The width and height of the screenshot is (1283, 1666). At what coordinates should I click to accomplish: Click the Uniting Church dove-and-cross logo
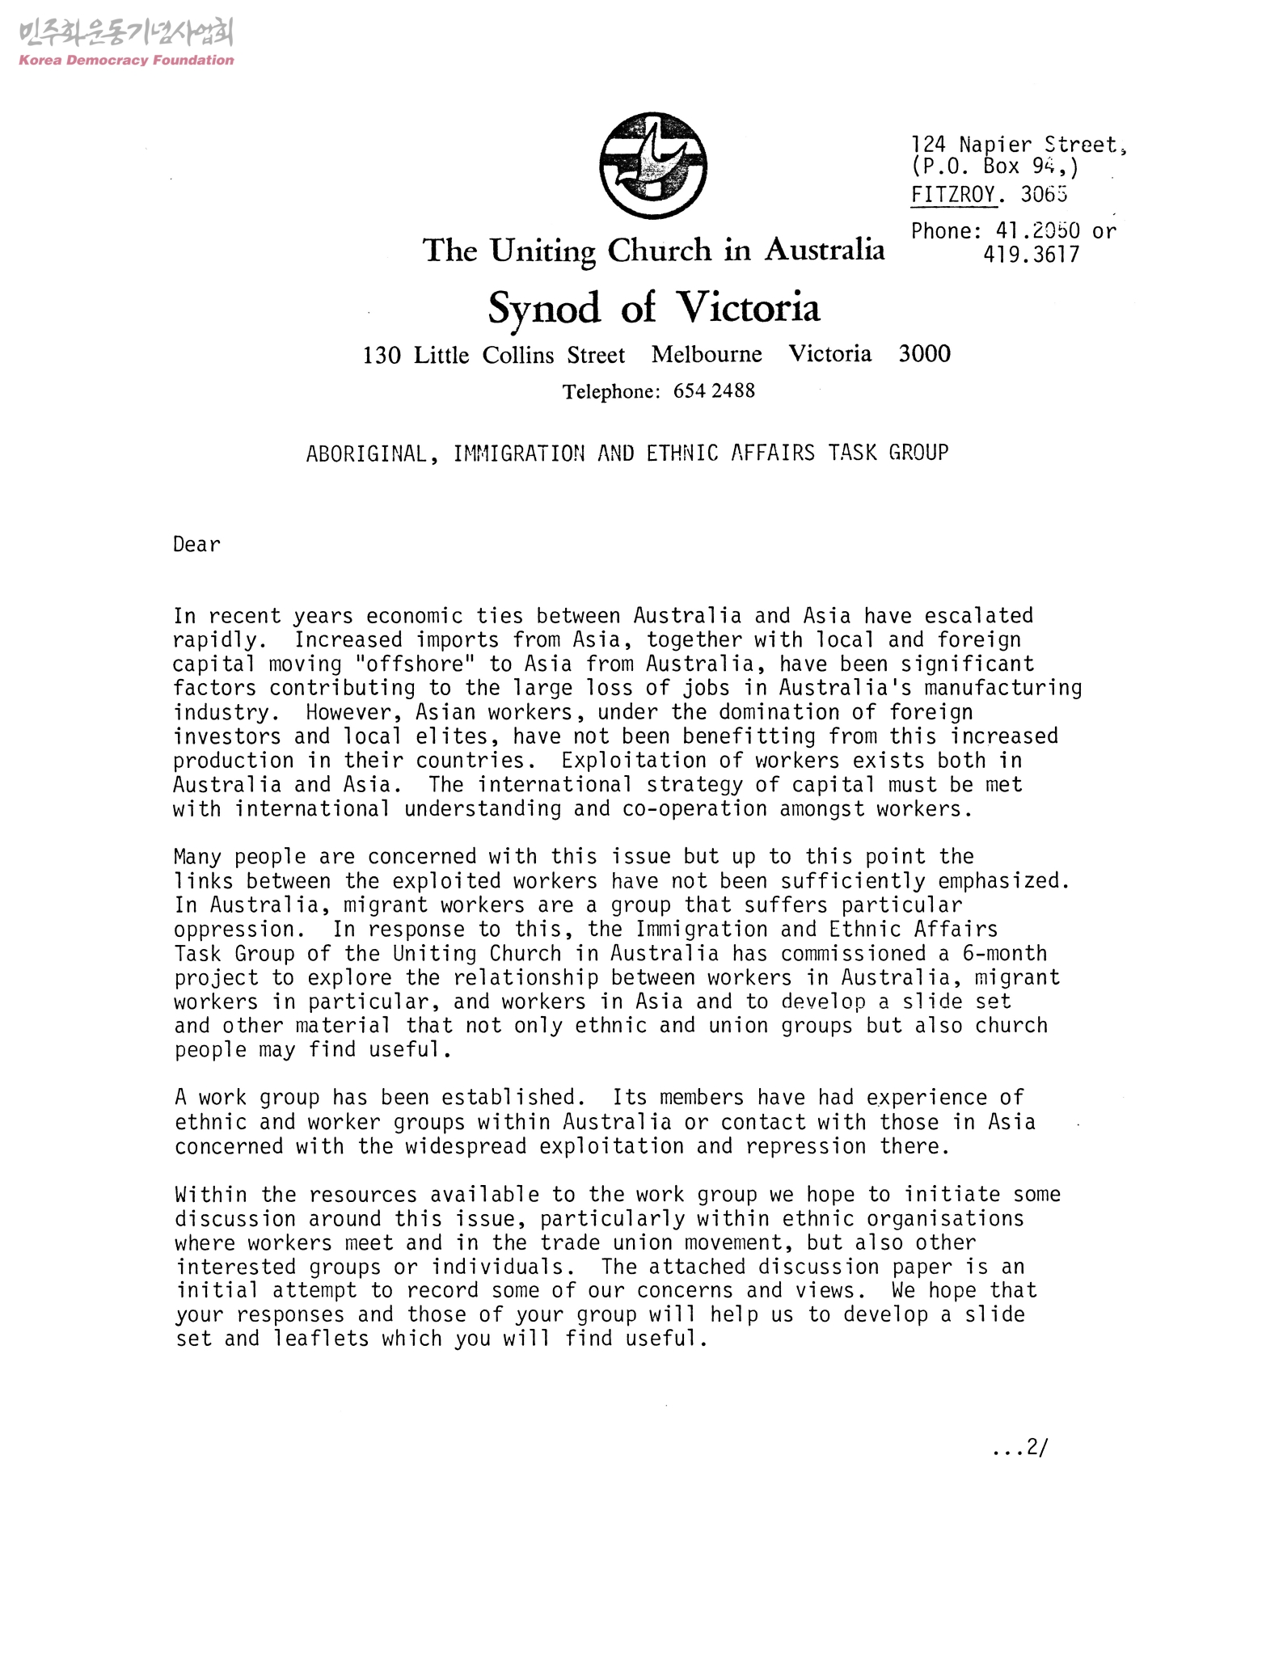[x=653, y=166]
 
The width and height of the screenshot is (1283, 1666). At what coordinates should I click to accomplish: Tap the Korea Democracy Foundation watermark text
[x=126, y=60]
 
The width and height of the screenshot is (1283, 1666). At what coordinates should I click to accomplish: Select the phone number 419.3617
[x=1031, y=255]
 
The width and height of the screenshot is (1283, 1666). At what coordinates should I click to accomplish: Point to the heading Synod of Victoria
[x=653, y=308]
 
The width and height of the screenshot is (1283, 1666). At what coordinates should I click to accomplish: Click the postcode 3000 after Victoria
[x=924, y=354]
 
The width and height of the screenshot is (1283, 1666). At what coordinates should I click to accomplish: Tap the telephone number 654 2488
[x=714, y=391]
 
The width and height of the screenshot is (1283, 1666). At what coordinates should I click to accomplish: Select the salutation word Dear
[x=196, y=545]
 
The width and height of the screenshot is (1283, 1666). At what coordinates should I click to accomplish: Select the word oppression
[x=234, y=930]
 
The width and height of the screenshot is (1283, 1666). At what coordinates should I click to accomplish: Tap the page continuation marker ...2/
[x=1019, y=1449]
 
